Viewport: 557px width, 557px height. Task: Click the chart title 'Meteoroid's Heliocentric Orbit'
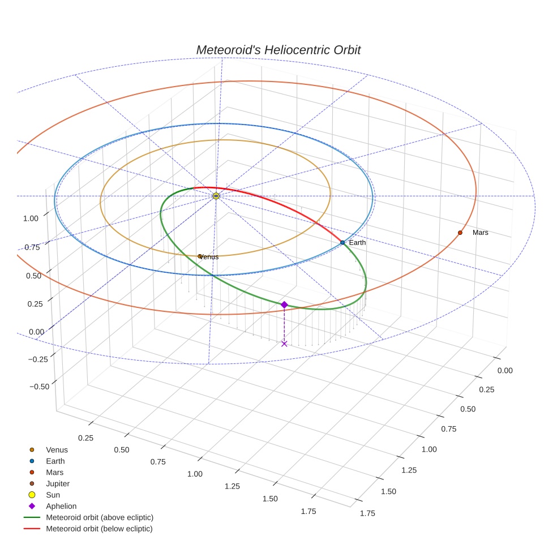[x=278, y=50]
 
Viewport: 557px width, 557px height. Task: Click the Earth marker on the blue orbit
[x=342, y=242]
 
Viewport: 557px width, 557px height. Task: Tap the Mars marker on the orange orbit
[x=460, y=233]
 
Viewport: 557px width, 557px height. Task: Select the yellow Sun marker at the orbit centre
[x=216, y=196]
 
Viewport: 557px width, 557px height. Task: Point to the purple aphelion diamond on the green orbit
[x=284, y=305]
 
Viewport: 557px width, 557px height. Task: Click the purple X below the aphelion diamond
[x=284, y=344]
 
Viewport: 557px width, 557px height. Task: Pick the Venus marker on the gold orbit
[x=200, y=256]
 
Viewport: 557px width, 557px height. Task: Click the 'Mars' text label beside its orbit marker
[x=480, y=233]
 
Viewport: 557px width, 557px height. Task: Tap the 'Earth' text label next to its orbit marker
[x=357, y=242]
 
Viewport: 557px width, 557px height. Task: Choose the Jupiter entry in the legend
[x=57, y=483]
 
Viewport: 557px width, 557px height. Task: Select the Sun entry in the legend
[x=53, y=495]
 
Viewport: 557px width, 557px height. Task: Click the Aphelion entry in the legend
[x=61, y=506]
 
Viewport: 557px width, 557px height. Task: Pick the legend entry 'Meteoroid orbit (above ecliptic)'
[x=100, y=517]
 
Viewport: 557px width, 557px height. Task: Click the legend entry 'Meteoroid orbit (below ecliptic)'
[x=99, y=529]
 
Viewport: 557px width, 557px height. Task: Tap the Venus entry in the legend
[x=57, y=450]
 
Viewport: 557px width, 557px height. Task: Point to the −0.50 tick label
[x=38, y=387]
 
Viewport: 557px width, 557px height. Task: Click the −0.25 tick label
[x=38, y=359]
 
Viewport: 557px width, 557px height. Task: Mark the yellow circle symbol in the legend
[x=32, y=495]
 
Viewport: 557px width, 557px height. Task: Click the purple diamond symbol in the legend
[x=32, y=506]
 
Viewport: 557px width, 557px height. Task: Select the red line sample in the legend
[x=32, y=529]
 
